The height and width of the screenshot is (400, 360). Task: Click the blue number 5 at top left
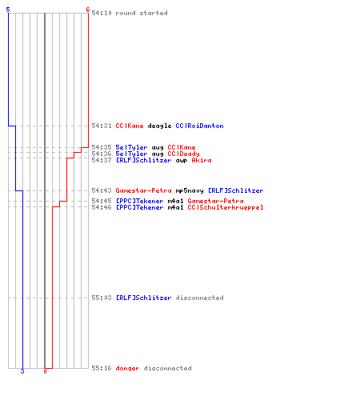pos(8,10)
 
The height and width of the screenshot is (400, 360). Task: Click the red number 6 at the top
pos(87,10)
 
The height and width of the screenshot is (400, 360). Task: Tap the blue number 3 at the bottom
pos(22,371)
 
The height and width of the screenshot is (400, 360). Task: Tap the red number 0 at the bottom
pos(45,371)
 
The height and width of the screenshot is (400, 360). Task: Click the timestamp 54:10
pos(102,13)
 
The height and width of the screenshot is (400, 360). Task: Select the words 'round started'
pos(142,13)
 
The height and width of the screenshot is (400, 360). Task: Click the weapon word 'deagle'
pos(159,126)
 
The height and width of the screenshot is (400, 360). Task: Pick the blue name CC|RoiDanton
pos(199,126)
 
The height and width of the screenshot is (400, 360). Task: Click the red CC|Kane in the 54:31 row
pos(130,126)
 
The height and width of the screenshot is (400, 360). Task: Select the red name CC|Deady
pos(183,154)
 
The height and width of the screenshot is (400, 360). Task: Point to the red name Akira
pos(202,160)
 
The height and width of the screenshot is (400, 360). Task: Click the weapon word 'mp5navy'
pos(190,190)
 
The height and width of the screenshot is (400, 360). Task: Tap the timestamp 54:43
pos(102,190)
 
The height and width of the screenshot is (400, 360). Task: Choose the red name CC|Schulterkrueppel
pos(226,207)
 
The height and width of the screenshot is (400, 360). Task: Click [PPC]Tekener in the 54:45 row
pos(139,201)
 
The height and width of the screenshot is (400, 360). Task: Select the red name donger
pos(127,368)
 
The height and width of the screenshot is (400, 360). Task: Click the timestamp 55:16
pos(102,368)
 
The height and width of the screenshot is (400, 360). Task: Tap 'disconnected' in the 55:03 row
pos(199,298)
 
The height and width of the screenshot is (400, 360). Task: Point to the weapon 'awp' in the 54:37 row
pos(182,161)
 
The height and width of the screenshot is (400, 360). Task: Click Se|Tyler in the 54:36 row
pos(131,154)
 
